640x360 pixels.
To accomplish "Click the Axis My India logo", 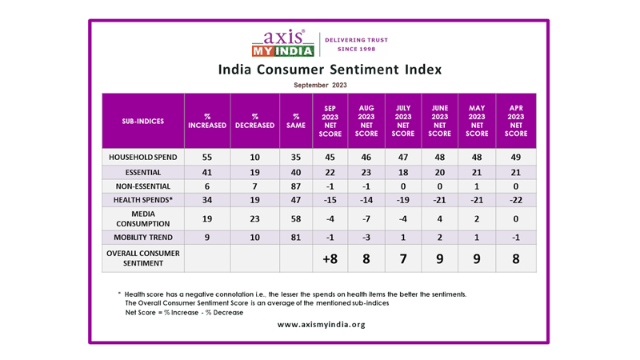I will click(282, 44).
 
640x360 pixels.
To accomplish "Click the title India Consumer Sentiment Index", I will click(330, 70).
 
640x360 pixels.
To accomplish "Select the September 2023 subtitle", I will click(320, 85).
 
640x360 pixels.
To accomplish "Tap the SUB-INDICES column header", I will click(143, 121).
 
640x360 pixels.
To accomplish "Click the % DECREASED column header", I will click(254, 121).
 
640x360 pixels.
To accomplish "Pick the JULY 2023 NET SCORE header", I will click(403, 121).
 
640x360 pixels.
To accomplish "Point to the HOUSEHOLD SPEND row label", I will click(143, 158).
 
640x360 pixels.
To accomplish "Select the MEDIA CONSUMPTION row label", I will click(143, 218).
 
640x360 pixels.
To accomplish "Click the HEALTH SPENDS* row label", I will click(143, 199).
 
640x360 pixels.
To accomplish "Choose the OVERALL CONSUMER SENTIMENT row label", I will click(143, 258).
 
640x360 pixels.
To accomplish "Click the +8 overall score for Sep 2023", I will click(330, 258).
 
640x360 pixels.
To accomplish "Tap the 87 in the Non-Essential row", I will click(295, 186).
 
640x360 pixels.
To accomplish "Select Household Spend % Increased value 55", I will click(207, 158).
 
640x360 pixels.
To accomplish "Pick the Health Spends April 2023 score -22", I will click(516, 199).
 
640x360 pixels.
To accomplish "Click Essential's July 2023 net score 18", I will click(403, 172).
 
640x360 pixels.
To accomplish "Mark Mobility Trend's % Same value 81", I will click(295, 238).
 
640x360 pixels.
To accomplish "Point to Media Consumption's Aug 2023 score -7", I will click(366, 218).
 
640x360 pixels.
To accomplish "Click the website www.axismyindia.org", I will click(321, 324).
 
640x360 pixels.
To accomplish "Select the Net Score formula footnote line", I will click(184, 312).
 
